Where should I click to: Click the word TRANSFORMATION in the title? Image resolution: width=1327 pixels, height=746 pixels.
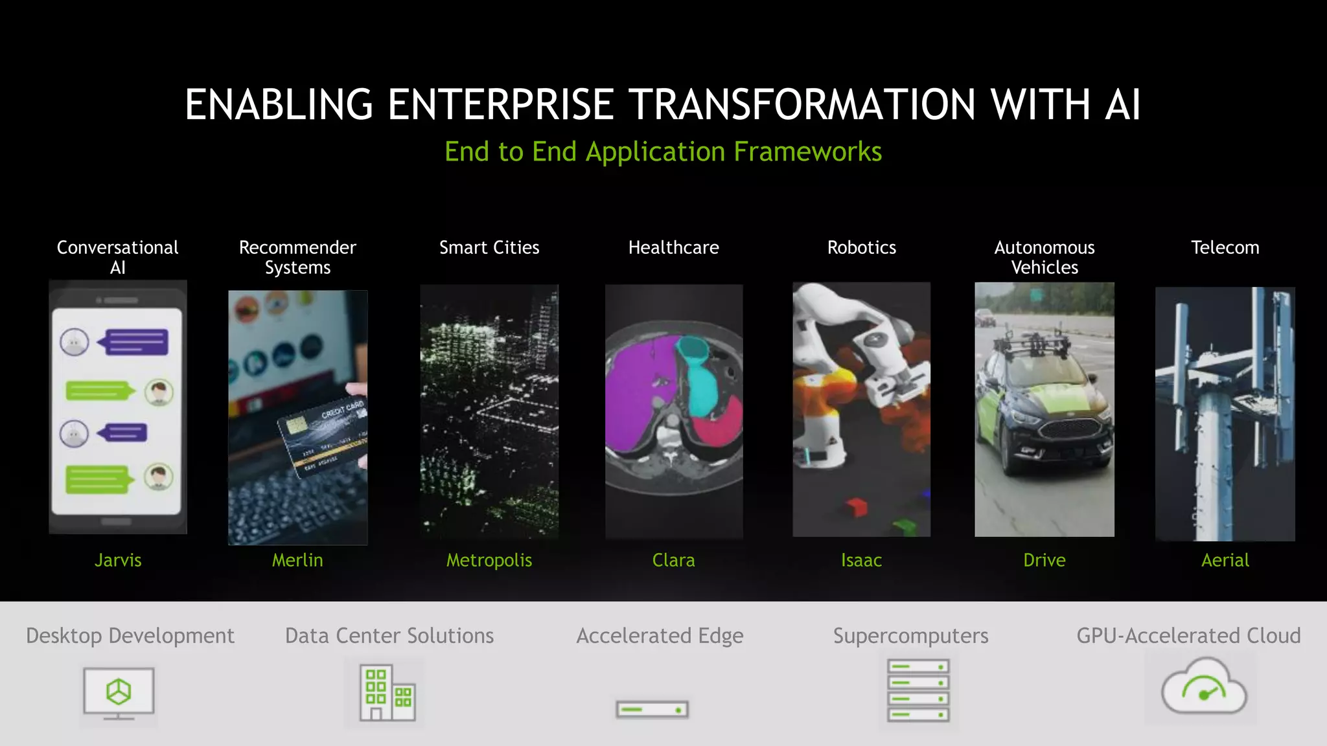pos(802,104)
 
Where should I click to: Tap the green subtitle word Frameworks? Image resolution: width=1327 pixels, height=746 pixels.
pos(807,152)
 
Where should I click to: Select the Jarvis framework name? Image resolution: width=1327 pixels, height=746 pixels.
pos(118,560)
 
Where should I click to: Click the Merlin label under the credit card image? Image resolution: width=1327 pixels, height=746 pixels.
pos(297,560)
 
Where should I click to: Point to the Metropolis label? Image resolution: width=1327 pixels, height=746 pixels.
pos(489,560)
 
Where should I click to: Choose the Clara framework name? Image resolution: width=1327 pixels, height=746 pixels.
pos(673,560)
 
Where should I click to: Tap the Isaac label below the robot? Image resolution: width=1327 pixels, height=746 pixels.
pos(861,560)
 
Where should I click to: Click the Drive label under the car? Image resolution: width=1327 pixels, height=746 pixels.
pos(1044,560)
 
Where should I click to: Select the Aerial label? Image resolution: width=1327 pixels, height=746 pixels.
pos(1225,560)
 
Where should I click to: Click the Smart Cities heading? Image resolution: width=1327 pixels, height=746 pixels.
pos(489,247)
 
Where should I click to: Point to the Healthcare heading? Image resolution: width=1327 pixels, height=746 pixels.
pos(673,247)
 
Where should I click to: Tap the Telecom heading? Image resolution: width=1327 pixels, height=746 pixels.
pos(1225,247)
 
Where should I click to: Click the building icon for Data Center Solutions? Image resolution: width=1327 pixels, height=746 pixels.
pos(387,693)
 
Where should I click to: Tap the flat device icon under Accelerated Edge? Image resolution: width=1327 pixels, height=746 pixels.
pos(652,710)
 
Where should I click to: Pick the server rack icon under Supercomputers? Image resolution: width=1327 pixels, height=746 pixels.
pos(918,690)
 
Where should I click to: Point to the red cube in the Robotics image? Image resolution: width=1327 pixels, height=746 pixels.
pos(856,506)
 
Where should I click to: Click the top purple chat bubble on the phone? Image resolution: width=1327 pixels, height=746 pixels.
pos(137,342)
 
